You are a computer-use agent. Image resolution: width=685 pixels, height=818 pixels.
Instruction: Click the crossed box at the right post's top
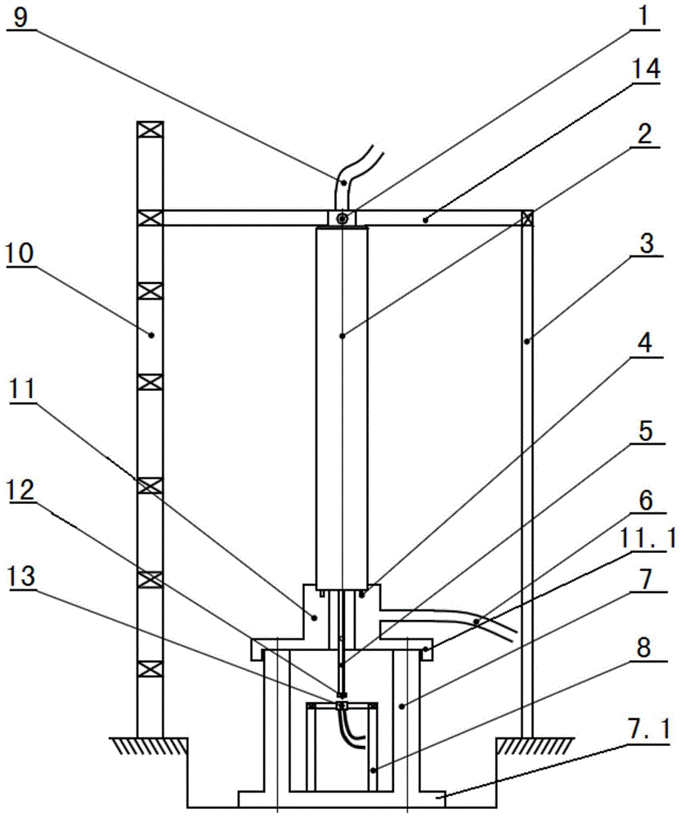pyautogui.click(x=527, y=218)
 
